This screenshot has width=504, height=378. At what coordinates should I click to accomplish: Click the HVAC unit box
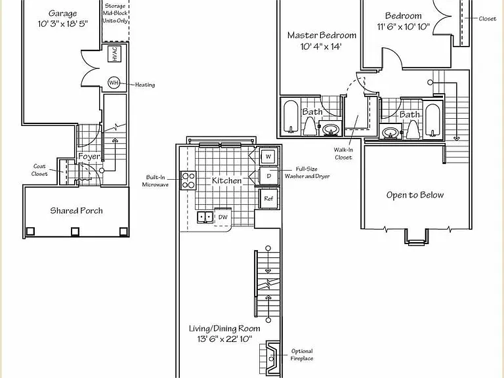tap(115, 53)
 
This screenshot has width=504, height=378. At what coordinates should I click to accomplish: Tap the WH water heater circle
tap(114, 83)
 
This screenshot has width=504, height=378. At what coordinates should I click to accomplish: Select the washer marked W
tap(268, 157)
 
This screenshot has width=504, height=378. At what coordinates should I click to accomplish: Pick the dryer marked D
tap(268, 176)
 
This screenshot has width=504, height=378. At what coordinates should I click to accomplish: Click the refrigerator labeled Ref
tap(268, 199)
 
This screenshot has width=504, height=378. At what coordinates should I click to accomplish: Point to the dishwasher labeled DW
tap(222, 217)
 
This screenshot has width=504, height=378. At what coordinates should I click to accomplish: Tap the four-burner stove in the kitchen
tap(188, 180)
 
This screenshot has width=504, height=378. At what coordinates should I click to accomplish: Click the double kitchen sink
tap(205, 217)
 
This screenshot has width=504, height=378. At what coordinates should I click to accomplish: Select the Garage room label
tap(63, 14)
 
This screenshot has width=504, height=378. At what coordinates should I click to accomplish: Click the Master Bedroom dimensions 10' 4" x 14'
tap(321, 47)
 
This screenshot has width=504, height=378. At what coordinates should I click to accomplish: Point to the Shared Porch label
tap(77, 211)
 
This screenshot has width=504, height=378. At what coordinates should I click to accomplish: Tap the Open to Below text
tap(415, 195)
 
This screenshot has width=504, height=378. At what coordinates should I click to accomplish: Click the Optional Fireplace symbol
tap(269, 358)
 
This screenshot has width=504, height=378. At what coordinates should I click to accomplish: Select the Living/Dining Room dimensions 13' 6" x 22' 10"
tap(224, 339)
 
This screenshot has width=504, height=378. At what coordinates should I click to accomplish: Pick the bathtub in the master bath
tap(291, 117)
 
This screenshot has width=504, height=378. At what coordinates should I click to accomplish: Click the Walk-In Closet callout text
tap(343, 154)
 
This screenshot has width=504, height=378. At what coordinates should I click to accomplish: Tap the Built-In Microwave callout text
tap(156, 180)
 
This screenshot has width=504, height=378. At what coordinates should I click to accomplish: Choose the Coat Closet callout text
tap(39, 170)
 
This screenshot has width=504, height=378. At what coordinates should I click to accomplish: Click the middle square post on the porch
tap(75, 232)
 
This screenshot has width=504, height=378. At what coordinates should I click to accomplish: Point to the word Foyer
tap(89, 157)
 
